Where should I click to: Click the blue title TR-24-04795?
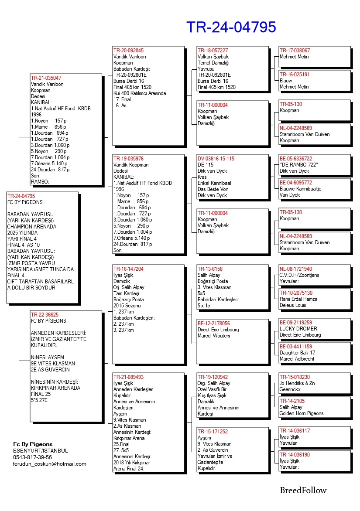(231, 27)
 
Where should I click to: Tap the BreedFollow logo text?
(303, 490)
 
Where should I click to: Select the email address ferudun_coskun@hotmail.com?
(50, 464)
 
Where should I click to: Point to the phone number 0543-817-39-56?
(32, 457)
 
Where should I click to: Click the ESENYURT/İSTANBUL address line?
(41, 451)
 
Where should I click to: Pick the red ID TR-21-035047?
(46, 78)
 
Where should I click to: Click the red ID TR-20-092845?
(128, 51)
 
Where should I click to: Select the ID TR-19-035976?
(128, 159)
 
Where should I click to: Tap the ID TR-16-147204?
(128, 269)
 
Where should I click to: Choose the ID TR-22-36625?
(45, 314)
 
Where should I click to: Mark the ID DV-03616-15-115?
(216, 159)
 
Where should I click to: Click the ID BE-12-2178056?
(214, 324)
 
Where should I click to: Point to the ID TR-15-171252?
(213, 432)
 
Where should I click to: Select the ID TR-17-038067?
(295, 51)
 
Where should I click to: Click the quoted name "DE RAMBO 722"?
(299, 165)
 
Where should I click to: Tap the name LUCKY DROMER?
(298, 329)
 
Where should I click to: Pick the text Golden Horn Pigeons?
(302, 413)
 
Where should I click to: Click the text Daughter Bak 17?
(297, 353)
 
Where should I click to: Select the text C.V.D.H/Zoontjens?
(300, 275)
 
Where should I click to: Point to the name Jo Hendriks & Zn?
(298, 383)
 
